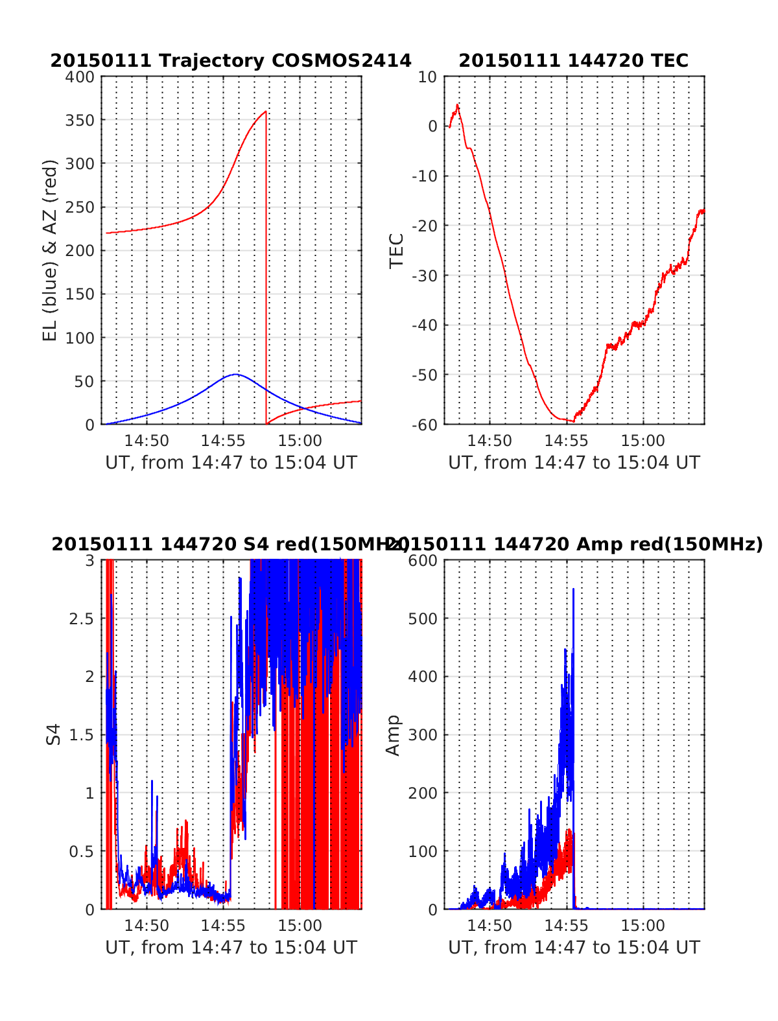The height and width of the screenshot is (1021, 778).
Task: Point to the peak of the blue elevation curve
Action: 235,374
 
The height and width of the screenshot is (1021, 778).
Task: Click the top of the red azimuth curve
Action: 265,111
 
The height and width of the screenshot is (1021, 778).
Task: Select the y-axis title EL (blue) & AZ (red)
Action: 50,250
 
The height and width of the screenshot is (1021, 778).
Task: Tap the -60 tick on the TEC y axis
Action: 424,425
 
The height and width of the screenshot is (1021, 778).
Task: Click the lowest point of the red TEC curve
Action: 572,421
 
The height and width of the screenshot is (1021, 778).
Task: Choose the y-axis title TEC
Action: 396,250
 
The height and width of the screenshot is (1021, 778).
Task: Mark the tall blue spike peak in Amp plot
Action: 573,589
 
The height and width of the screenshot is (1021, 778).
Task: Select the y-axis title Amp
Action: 393,735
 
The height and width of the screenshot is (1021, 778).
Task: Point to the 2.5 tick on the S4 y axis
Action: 82,618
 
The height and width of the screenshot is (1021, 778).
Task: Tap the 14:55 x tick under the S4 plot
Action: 223,926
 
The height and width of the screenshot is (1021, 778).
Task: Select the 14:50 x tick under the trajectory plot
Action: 147,441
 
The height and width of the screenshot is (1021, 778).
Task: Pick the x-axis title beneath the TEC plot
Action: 574,463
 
